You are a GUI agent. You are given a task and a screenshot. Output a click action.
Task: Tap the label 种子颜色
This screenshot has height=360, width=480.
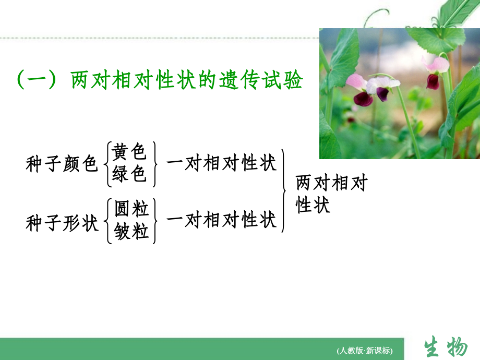pos(62,165)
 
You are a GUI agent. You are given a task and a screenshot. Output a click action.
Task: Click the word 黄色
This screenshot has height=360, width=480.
pos(129,152)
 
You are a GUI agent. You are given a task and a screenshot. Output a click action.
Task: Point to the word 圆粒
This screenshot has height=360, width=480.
pos(131,209)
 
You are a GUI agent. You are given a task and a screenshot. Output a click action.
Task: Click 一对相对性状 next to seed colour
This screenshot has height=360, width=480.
pos(221,163)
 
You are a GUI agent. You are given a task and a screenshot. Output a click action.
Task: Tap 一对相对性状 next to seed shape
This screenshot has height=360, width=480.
pos(221,221)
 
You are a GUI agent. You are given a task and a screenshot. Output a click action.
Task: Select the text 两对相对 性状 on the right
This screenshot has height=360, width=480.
pos(331,194)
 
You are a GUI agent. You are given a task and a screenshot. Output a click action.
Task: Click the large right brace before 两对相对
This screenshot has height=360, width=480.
pos(284,190)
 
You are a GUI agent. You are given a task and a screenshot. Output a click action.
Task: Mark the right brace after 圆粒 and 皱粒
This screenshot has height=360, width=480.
pos(155,221)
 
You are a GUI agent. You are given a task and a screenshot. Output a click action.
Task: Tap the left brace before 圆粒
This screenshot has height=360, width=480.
pos(108,221)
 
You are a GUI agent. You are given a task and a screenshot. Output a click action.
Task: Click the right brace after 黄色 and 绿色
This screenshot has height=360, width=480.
pos(155,164)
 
